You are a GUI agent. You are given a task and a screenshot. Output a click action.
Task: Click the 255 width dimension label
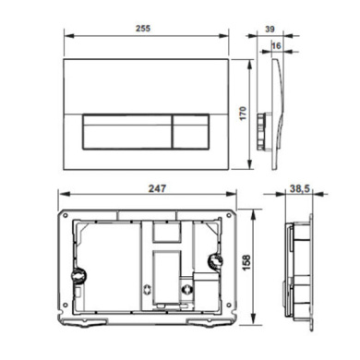143,29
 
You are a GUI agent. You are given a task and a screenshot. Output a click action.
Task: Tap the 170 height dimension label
243,114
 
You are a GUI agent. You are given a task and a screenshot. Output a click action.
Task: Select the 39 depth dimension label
270,30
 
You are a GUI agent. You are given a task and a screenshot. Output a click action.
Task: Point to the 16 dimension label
276,46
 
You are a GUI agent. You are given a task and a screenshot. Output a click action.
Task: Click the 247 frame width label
157,188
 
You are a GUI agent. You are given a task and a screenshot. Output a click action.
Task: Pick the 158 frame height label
246,262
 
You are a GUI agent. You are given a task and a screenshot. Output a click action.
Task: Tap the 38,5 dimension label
300,188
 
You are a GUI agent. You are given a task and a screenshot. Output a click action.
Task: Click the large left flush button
126,132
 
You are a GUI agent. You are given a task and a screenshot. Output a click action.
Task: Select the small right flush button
191,132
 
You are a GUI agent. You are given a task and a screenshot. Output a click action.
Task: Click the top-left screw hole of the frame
65,216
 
